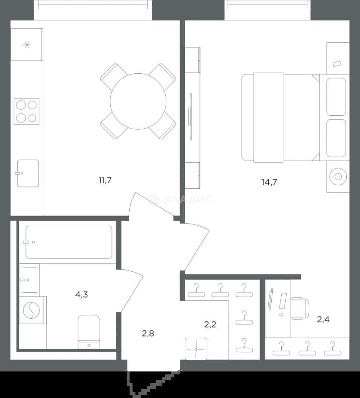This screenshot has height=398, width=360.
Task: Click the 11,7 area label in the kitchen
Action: (x=105, y=180)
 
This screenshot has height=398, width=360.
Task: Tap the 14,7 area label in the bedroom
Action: (x=269, y=182)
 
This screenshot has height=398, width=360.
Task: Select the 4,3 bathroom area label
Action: (x=82, y=294)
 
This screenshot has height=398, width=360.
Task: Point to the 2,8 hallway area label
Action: (x=148, y=333)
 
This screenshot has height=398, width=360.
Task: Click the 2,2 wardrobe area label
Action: (x=210, y=324)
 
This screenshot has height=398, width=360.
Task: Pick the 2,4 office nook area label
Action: (x=323, y=319)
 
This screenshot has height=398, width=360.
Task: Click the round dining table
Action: (x=138, y=101)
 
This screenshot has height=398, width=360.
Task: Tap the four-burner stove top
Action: (x=27, y=111)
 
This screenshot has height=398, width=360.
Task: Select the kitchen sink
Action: (x=28, y=173)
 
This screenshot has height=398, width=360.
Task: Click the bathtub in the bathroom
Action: (x=69, y=242)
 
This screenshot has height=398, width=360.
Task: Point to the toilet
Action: (x=89, y=332)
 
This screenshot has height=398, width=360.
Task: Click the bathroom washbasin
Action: (x=29, y=280)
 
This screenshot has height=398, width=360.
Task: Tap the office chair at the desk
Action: (x=300, y=308)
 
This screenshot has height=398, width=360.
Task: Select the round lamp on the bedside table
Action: (x=338, y=177)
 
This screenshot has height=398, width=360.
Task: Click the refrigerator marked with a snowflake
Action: (x=27, y=45)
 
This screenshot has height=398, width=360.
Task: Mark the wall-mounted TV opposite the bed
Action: (x=190, y=117)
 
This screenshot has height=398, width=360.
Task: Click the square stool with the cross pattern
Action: (x=196, y=349)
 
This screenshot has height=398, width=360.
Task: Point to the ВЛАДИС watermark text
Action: (x=188, y=199)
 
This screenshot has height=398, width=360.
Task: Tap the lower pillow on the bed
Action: (x=336, y=138)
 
